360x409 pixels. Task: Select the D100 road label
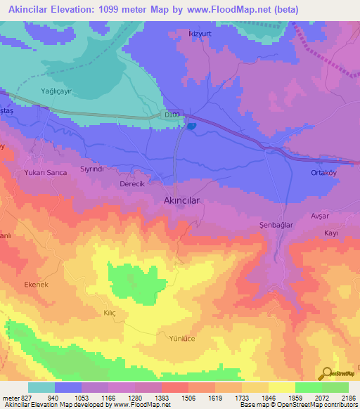(172, 115)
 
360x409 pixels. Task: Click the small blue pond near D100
(191, 126)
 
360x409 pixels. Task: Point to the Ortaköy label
(325, 173)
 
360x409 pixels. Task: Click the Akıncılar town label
(182, 200)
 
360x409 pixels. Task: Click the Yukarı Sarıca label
(45, 176)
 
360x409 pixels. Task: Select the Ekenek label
(36, 284)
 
